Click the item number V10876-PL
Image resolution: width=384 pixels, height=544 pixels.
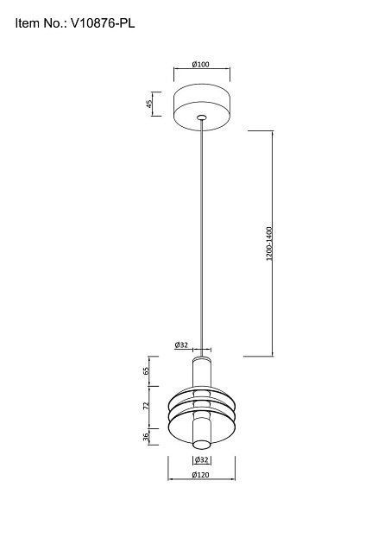coord(100,26)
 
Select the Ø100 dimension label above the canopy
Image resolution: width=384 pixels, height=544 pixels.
coord(200,64)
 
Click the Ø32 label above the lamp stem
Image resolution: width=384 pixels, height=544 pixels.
coord(181,345)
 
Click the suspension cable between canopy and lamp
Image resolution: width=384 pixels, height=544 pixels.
coord(201,233)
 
